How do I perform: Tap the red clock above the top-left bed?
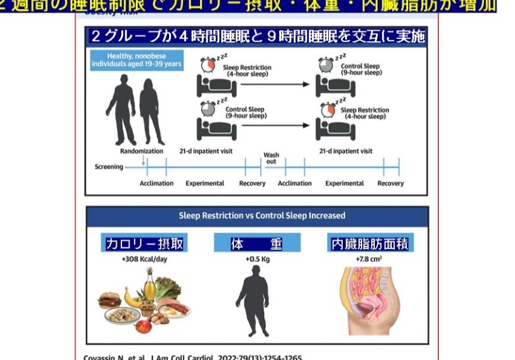(208, 65)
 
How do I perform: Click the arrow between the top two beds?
(277, 84)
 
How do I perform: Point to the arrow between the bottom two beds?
(277, 125)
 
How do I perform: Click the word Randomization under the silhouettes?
(141, 151)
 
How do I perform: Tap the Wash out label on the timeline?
(271, 158)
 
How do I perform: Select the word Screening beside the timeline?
(109, 167)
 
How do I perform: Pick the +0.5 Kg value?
(257, 258)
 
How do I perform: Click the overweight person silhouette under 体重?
(257, 302)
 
